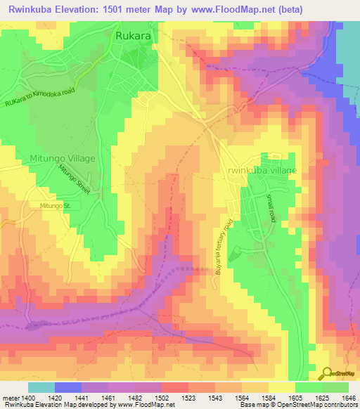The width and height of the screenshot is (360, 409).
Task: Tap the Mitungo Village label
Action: click(62, 159)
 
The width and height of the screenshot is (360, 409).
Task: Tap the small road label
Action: click(270, 209)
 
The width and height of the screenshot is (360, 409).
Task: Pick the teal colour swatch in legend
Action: click(41, 387)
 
